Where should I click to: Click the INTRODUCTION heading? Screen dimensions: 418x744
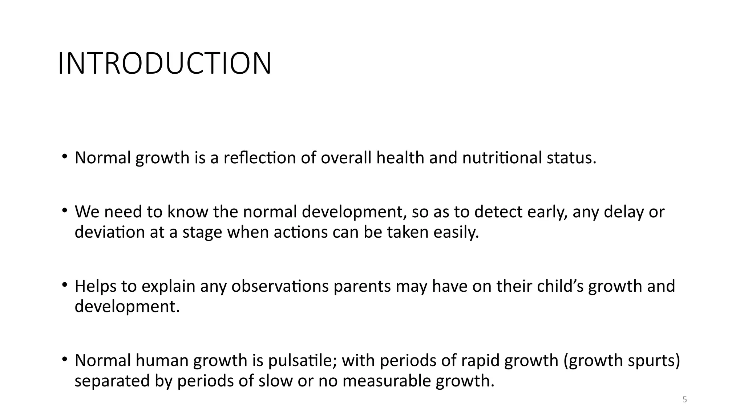[x=165, y=64]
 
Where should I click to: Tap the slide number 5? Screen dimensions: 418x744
[x=685, y=400]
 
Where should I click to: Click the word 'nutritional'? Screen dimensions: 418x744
[x=502, y=158]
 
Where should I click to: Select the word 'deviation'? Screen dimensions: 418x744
[x=110, y=232]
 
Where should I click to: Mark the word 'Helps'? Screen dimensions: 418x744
[x=96, y=286]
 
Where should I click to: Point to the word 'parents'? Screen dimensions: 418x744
[x=362, y=286]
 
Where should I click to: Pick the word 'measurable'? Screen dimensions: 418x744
[x=386, y=381]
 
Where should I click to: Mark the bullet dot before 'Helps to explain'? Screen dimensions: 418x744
[x=65, y=285]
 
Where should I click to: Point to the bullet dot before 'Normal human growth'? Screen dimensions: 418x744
[x=65, y=359]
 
